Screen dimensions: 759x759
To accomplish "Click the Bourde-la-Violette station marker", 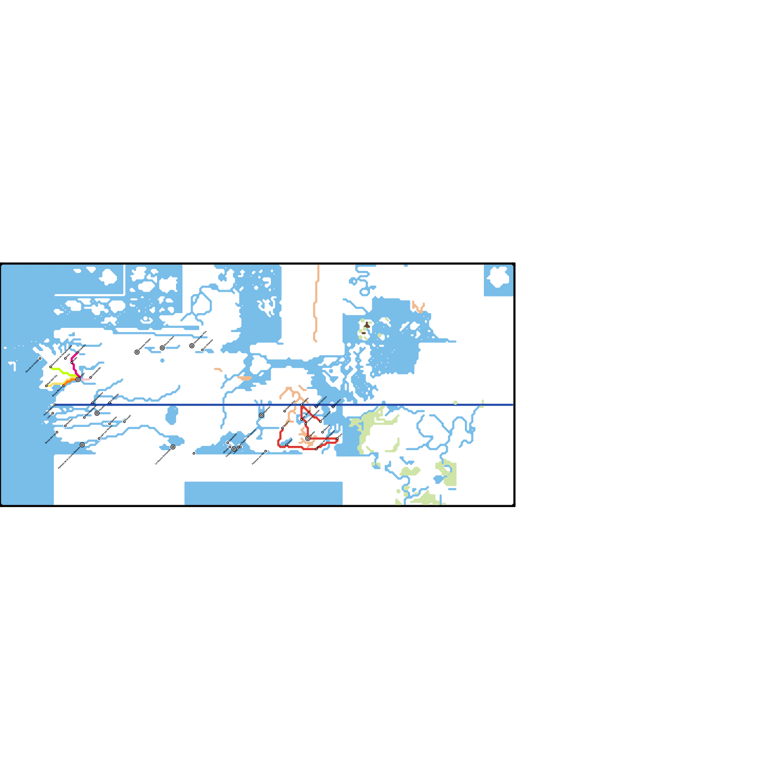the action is click(40, 359).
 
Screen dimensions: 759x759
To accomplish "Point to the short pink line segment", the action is click(86, 379).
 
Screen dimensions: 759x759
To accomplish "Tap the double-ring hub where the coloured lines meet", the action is click(78, 379).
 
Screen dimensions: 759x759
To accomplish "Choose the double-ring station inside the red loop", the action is click(308, 438).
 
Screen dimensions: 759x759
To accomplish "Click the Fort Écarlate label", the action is click(327, 415).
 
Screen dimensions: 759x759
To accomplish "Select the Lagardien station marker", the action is click(203, 350).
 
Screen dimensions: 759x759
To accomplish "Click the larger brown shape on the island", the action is click(367, 325).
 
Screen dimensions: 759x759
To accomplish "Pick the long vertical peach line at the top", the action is click(316, 304).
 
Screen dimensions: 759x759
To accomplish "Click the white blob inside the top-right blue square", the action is click(499, 277).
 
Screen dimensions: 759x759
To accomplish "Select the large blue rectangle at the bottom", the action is click(263, 493).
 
